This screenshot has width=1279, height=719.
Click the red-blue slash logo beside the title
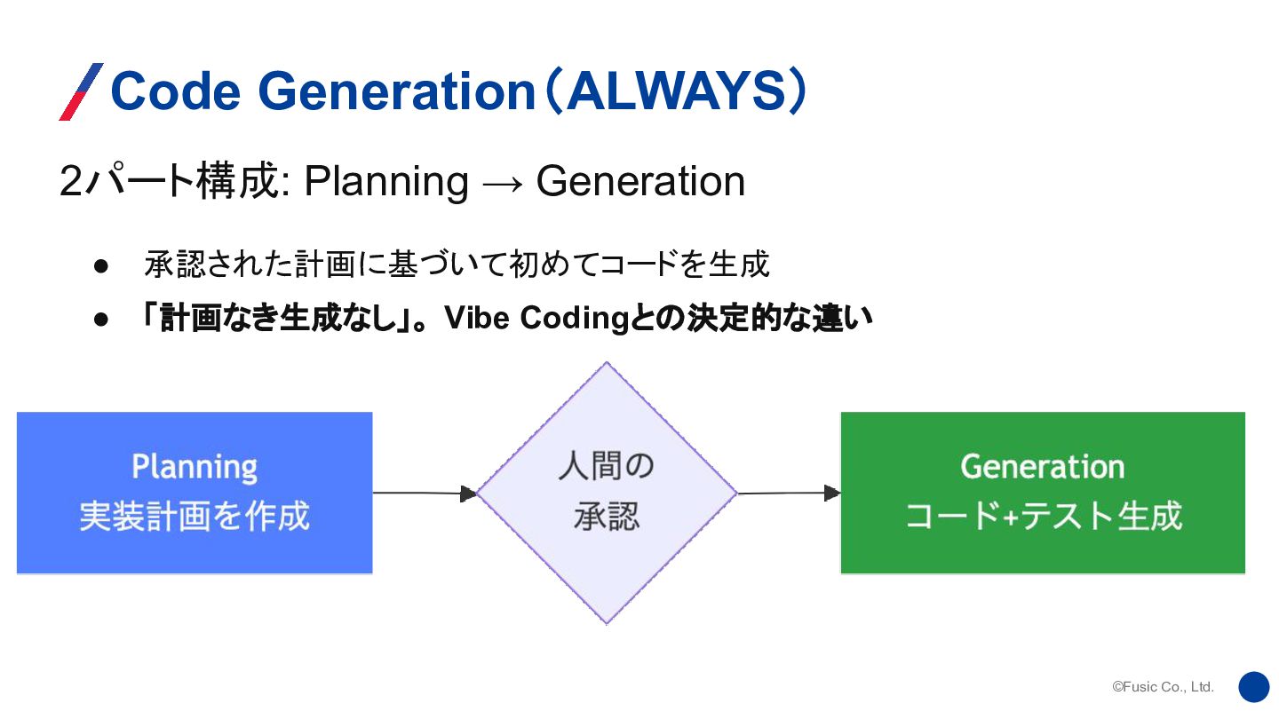(x=81, y=92)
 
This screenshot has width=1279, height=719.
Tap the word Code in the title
(x=174, y=92)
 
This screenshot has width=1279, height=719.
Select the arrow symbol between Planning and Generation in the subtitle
(x=501, y=182)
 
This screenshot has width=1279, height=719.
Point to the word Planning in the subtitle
(x=385, y=182)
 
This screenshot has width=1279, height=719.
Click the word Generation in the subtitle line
(x=640, y=182)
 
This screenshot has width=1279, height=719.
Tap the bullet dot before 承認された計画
(x=101, y=265)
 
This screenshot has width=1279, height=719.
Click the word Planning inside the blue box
(x=195, y=467)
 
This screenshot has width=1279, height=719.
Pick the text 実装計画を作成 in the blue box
(x=195, y=516)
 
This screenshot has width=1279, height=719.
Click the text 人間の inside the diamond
(x=606, y=466)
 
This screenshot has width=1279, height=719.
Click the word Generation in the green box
(x=1042, y=467)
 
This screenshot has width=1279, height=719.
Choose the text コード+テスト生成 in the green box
(x=1043, y=516)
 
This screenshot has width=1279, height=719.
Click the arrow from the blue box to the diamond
(x=425, y=493)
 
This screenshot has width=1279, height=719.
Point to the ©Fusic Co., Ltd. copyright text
(x=1163, y=687)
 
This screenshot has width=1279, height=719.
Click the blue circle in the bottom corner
(x=1254, y=686)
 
